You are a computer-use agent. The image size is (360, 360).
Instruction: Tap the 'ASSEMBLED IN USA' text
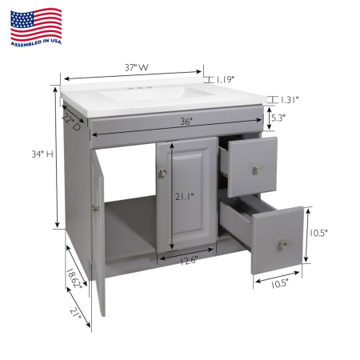36,42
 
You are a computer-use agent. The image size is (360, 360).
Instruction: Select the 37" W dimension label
137,67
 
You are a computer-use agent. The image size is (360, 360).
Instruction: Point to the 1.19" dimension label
226,79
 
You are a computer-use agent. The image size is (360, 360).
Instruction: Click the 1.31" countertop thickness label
289,100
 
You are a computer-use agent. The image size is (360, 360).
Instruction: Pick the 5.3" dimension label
278,118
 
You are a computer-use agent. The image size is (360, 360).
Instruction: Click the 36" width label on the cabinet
186,122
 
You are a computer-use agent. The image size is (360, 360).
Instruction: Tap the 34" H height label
42,154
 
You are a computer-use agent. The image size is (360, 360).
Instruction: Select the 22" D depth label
71,122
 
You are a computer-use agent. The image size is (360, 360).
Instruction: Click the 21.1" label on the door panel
184,197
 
